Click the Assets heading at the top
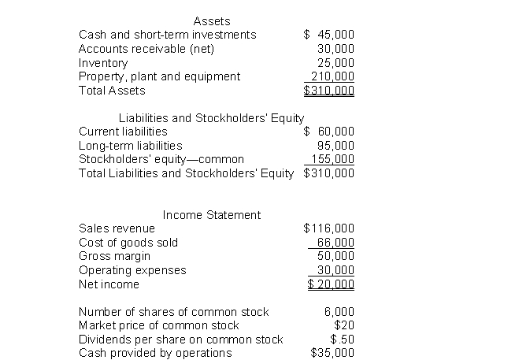tap(212, 21)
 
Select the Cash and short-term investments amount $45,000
tap(329, 35)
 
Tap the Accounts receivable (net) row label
tap(146, 49)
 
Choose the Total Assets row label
tap(112, 91)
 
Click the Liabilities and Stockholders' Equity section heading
tap(211, 118)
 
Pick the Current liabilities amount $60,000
tap(329, 132)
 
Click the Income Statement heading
tap(212, 215)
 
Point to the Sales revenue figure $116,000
tap(329, 228)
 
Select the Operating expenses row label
tap(132, 270)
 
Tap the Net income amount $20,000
tap(331, 284)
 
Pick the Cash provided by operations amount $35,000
tap(333, 353)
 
